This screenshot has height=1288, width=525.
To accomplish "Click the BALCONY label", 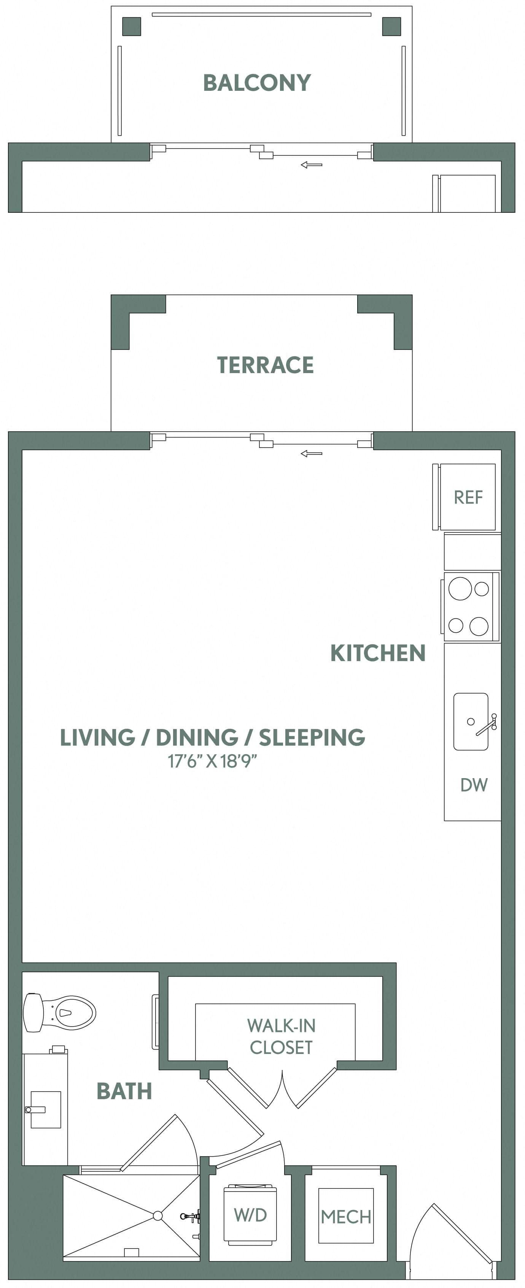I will tap(257, 83).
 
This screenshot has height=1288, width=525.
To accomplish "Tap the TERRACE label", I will tap(265, 365).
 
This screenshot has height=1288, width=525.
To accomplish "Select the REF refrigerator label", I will tap(468, 497).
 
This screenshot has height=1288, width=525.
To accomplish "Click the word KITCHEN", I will tap(378, 653).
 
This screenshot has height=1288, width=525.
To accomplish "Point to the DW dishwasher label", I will tap(473, 785).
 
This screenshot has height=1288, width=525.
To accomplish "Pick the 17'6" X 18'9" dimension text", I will tap(212, 761).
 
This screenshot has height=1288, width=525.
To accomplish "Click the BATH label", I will tap(124, 1092).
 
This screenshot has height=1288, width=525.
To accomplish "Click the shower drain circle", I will tap(157, 1215).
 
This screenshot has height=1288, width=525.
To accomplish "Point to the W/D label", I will tap(250, 1215).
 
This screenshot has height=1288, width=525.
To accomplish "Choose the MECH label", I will tap(346, 1217).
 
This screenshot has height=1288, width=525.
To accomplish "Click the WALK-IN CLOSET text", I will tap(281, 1036).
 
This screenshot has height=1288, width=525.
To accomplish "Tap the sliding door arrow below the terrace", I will tap(311, 454).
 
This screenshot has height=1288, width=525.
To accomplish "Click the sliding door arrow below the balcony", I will tap(311, 165).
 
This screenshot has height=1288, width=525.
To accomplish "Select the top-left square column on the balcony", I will tap(132, 27).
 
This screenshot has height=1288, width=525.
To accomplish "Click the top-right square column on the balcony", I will tap(391, 27).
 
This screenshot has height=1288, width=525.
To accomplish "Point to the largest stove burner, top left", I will tap(460, 589).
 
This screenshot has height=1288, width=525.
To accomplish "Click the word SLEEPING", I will tap(312, 738).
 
